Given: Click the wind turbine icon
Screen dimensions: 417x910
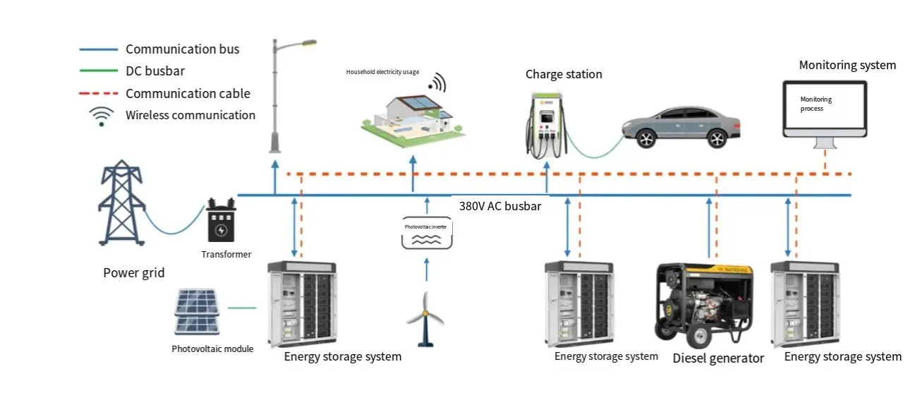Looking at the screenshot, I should coord(425,318).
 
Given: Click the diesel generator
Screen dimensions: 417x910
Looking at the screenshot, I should coord(704,303).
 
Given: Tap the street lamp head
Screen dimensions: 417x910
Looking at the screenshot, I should coord(308,44).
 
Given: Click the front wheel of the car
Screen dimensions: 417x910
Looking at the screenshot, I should coord(645,138).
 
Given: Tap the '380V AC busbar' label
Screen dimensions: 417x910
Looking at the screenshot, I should coord(499,207).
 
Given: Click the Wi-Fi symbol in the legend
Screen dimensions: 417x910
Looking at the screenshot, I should coord(101,116).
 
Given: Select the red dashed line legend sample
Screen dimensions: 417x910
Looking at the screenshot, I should coord(98,94).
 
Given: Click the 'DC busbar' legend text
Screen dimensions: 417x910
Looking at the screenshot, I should coord(155,71).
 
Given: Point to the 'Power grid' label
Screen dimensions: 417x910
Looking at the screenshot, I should coord(134,273).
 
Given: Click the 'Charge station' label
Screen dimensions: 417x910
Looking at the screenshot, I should coord(564,74).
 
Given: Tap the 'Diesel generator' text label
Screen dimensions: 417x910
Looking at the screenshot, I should coord(718,358).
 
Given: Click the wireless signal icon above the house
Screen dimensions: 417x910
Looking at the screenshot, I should coord(437,83).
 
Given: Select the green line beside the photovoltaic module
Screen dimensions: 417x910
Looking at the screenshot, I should coord(242,308).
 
